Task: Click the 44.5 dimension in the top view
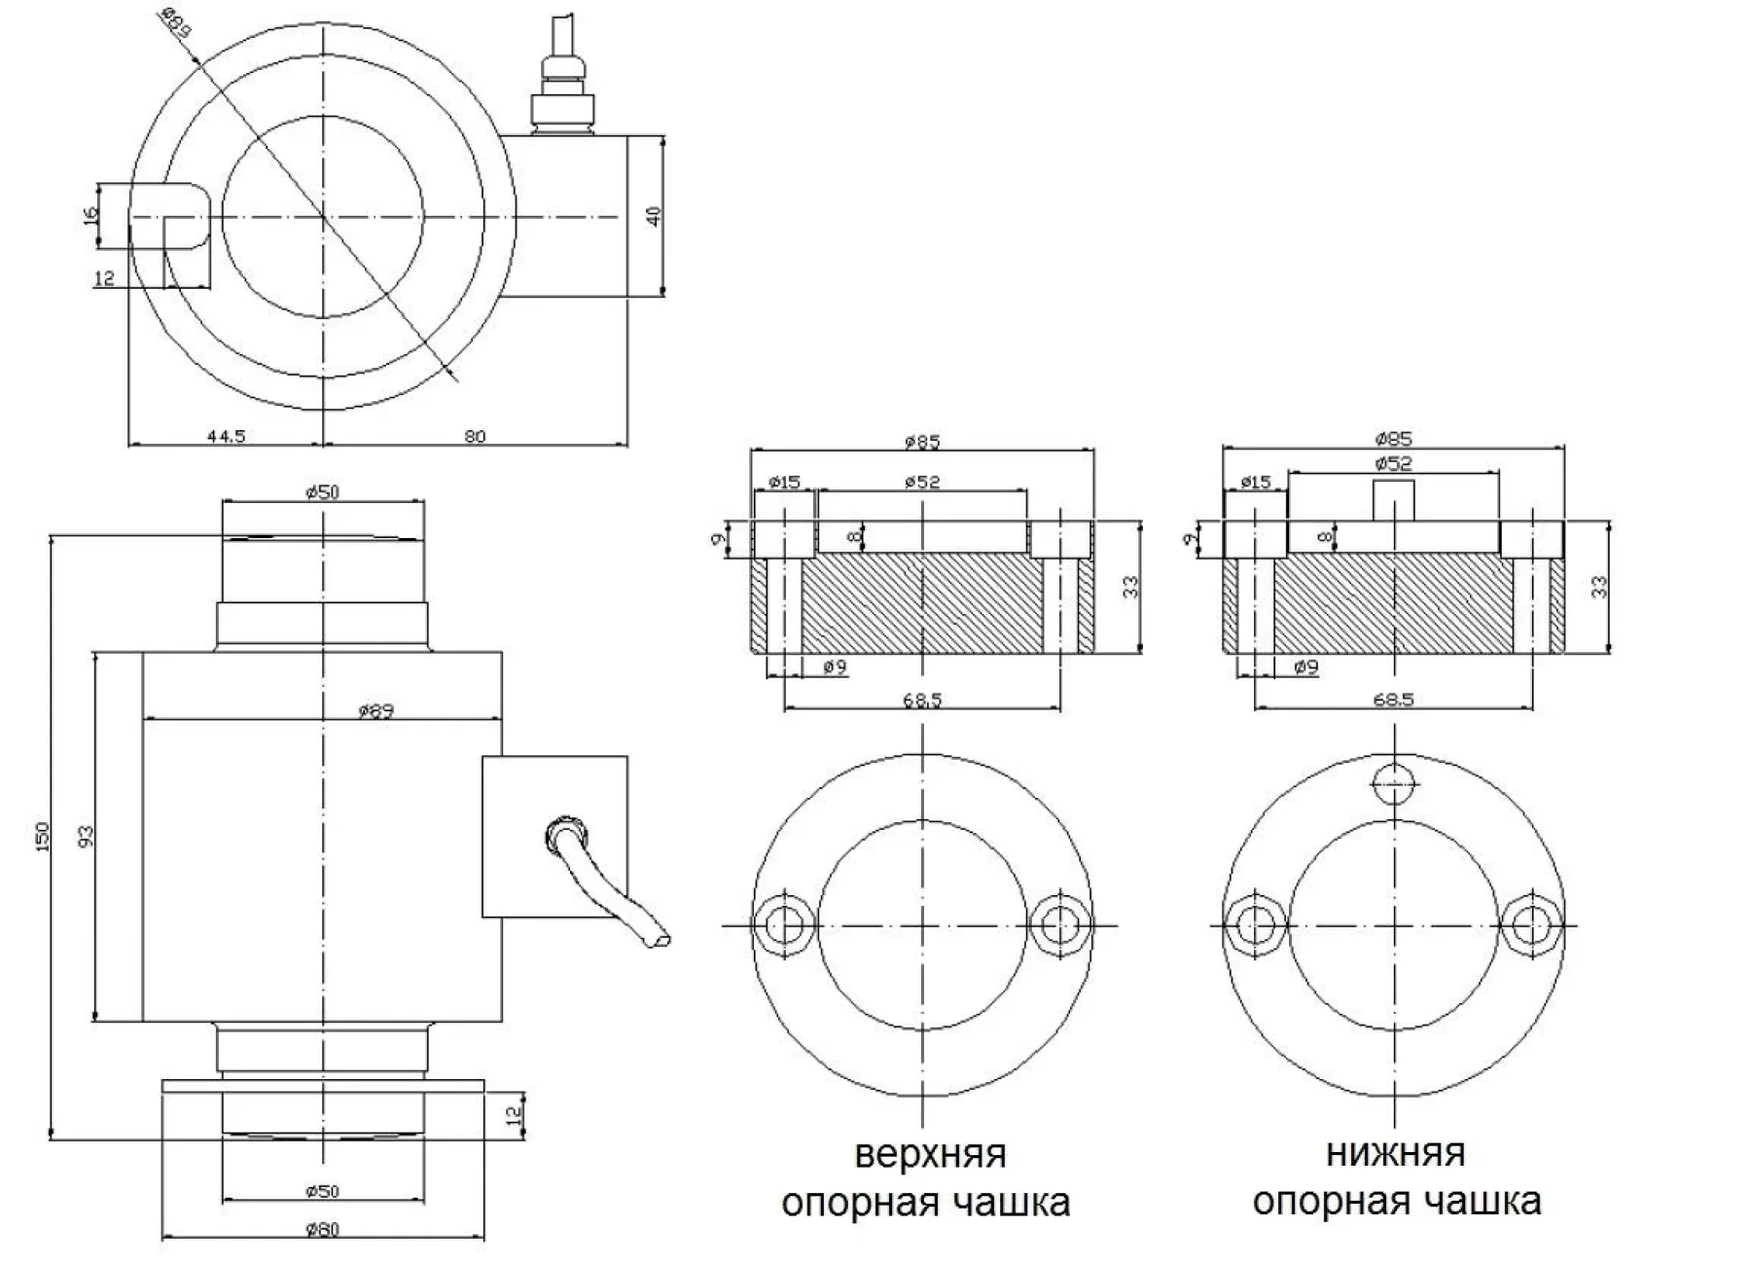click(x=226, y=437)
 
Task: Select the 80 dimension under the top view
click(x=475, y=437)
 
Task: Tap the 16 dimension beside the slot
click(x=90, y=214)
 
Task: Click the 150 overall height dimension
click(x=42, y=838)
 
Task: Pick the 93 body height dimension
click(x=86, y=838)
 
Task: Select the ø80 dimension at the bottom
click(x=322, y=1230)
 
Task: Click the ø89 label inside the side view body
click(x=375, y=711)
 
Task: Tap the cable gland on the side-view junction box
click(x=564, y=835)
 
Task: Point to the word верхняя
click(x=930, y=1154)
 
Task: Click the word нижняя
click(x=1395, y=1153)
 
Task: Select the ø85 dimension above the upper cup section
click(x=922, y=442)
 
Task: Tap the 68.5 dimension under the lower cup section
click(x=1393, y=700)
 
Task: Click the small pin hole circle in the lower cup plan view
click(x=1394, y=779)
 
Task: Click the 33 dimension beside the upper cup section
click(x=1130, y=587)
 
